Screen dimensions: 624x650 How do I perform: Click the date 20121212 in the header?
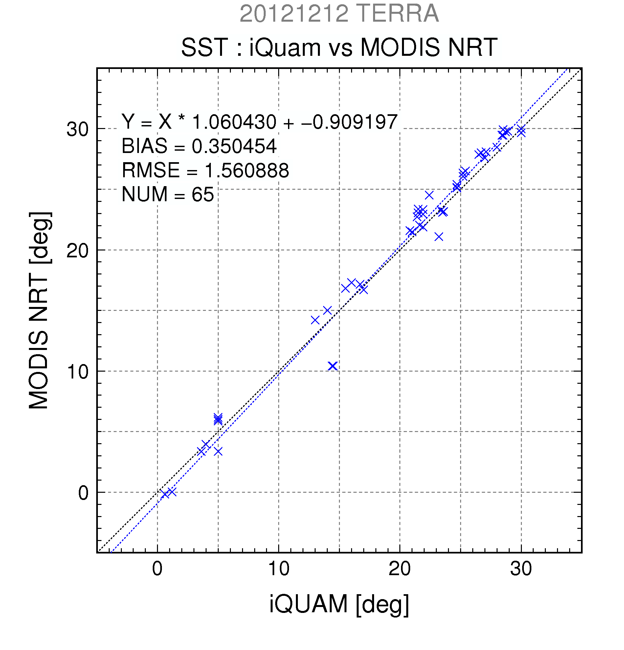tap(294, 13)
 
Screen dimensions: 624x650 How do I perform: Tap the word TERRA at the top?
tap(398, 13)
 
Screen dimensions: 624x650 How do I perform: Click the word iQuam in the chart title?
tap(285, 47)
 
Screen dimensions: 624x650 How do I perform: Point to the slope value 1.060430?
tap(234, 122)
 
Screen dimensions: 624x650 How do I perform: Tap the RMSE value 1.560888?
tap(247, 170)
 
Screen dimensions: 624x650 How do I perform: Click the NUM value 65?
tap(203, 194)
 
